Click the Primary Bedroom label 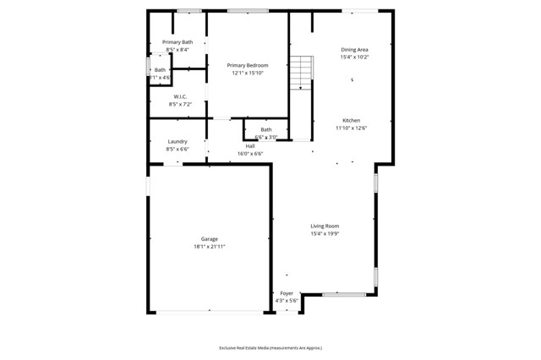(248, 65)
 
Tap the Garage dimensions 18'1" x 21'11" (210, 247)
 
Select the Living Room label (325, 226)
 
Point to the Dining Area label (354, 50)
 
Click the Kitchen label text (351, 120)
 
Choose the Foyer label (287, 293)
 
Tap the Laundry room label (178, 141)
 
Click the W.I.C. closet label (180, 96)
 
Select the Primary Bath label (178, 42)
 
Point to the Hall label (250, 146)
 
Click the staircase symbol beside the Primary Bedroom (302, 74)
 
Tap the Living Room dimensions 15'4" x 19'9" (325, 233)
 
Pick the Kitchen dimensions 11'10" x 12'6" (351, 128)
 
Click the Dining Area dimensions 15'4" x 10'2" (354, 57)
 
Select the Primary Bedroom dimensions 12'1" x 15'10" (248, 73)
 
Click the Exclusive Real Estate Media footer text (270, 347)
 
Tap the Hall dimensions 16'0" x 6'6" (250, 154)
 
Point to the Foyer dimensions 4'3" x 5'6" (287, 301)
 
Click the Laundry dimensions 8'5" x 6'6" (178, 149)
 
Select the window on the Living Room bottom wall (345, 294)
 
